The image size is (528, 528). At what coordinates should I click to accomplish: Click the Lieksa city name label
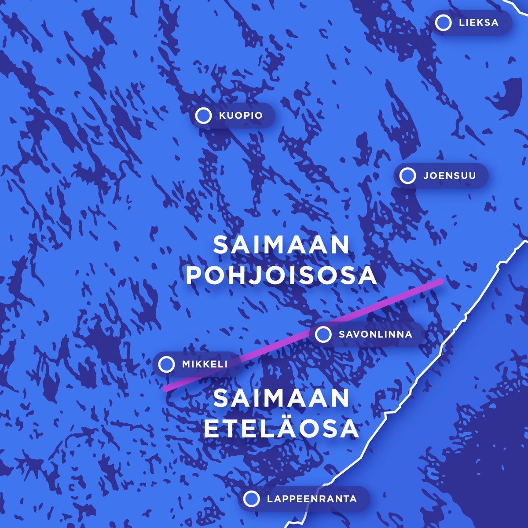478,23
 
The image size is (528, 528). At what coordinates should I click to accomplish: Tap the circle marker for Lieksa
443,23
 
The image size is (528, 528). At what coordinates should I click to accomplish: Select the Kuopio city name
241,116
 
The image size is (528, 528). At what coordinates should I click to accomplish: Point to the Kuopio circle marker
203,116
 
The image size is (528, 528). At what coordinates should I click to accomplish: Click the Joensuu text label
449,176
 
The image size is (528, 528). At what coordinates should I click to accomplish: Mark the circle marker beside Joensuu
407,176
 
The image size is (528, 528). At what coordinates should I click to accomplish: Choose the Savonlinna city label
375,334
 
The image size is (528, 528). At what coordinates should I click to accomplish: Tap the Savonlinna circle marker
323,334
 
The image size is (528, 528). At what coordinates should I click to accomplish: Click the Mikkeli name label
205,364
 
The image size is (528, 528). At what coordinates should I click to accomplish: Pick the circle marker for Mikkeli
166,364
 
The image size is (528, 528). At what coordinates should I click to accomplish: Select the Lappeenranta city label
312,499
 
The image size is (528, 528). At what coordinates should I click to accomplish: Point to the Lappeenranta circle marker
251,499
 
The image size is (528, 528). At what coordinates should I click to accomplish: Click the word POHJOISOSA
281,275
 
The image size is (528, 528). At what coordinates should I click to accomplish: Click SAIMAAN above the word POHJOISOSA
281,245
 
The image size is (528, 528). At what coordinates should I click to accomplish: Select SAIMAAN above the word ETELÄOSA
281,399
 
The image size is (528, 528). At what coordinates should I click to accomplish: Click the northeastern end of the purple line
440,281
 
